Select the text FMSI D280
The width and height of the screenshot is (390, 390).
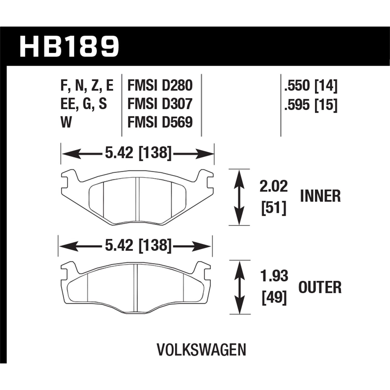tap(160, 85)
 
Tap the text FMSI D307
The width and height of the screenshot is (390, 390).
tap(160, 104)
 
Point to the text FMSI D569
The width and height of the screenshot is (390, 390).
tap(160, 122)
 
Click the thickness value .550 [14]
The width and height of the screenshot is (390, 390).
tap(311, 85)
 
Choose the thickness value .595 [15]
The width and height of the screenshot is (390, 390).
tap(311, 105)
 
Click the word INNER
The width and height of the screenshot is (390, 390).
tap(320, 196)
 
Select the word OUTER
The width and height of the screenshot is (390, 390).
tap(320, 287)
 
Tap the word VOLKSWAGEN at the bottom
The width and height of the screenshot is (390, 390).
tap(201, 350)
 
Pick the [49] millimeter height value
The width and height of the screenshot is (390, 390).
tap(274, 298)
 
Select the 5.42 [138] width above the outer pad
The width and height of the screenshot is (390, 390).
tap(138, 245)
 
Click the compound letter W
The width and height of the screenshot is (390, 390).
tap(67, 122)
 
